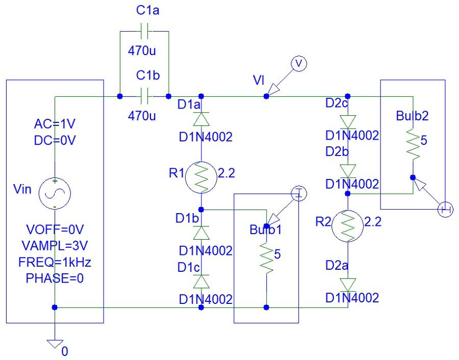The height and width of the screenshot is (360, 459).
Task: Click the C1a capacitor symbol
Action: [144, 32]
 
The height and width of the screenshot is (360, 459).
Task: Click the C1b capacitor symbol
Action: [144, 96]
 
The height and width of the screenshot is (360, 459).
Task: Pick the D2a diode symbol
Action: [347, 283]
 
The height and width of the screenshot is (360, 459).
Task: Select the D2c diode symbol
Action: [347, 121]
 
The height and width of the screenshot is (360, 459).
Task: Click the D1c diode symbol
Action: [201, 281]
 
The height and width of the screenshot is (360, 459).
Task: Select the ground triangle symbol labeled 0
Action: [54, 345]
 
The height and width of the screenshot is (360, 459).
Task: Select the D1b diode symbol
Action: [201, 233]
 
